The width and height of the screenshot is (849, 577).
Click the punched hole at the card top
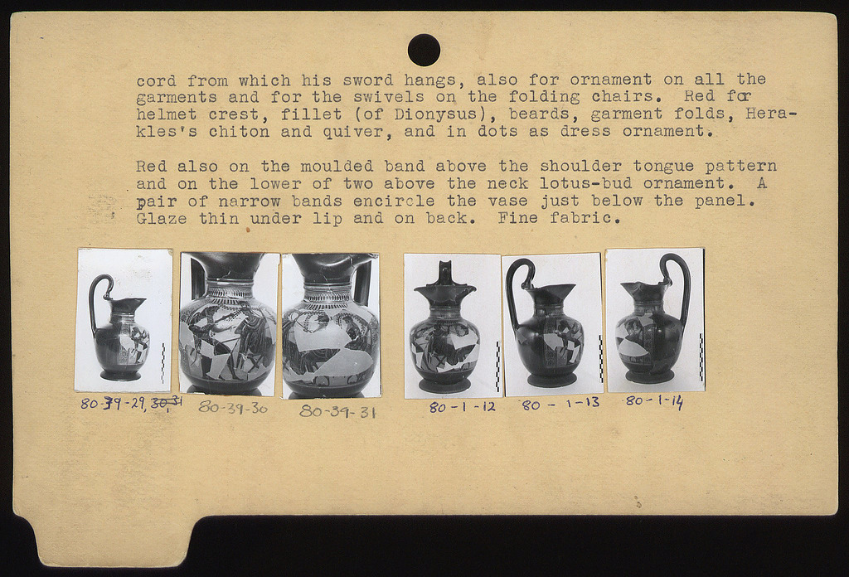(424, 50)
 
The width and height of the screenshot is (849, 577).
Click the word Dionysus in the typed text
(424, 114)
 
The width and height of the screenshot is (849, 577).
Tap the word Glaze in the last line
(162, 219)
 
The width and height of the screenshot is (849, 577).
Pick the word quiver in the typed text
(358, 132)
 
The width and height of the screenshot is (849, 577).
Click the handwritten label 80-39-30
(233, 408)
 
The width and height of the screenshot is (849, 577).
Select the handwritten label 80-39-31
(338, 411)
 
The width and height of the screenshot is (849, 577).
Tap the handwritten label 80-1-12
(463, 407)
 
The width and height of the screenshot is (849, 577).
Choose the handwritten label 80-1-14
(654, 401)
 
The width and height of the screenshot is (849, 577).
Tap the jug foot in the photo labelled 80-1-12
(444, 385)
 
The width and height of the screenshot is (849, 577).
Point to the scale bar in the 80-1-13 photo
(600, 360)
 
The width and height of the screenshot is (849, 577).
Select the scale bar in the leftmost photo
(163, 362)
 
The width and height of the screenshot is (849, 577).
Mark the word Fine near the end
(517, 219)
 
